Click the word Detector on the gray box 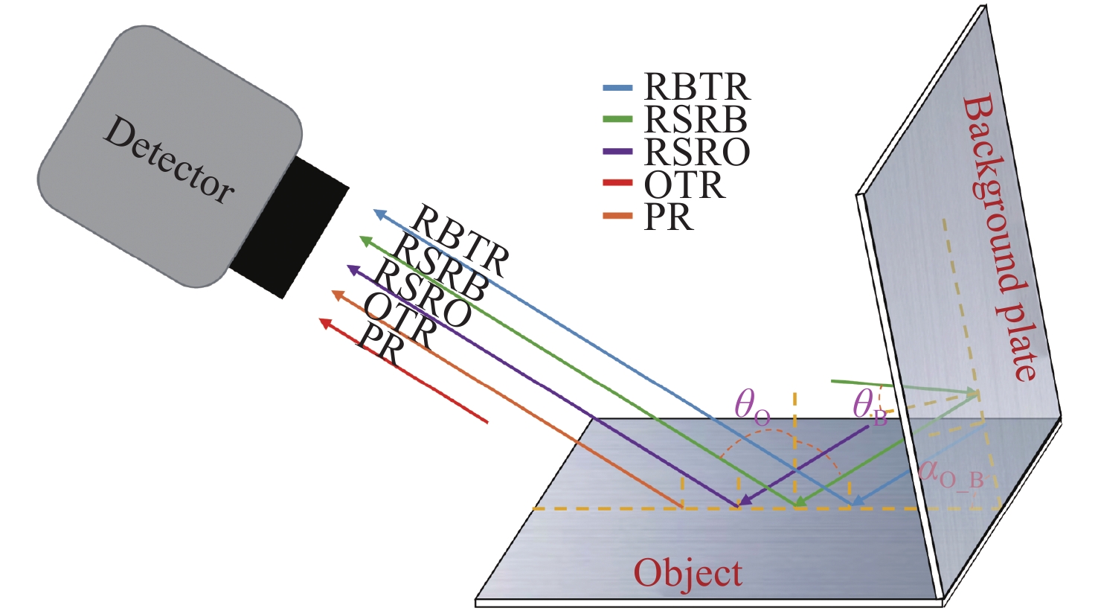point(168,160)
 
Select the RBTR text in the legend point(697,88)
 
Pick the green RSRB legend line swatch point(617,119)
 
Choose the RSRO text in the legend point(697,152)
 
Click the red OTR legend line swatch point(617,183)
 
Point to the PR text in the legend point(669,217)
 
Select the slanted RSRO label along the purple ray point(422,295)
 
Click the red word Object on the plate point(687,573)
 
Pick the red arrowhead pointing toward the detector point(324,322)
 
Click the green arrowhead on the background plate point(971,392)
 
